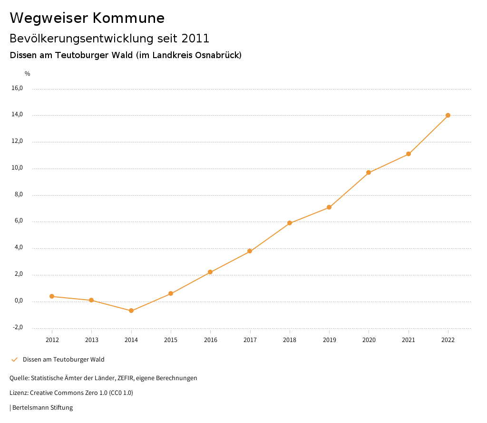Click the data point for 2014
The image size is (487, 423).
[131, 311]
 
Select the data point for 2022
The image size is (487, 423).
[448, 115]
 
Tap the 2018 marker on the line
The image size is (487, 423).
[290, 223]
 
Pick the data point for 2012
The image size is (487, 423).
[52, 296]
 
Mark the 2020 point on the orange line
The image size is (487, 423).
[369, 172]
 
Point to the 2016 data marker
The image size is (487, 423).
[210, 272]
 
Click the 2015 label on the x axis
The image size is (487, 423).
[171, 340]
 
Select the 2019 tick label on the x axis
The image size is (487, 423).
[329, 340]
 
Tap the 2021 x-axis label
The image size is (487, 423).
[409, 340]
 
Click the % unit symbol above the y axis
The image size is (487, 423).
[28, 74]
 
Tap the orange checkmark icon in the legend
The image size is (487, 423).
[14, 360]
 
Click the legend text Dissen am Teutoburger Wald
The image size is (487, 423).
[63, 360]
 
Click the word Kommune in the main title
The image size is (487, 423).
[128, 18]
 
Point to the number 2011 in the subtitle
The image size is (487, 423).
[195, 38]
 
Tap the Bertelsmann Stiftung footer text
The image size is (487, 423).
[42, 408]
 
